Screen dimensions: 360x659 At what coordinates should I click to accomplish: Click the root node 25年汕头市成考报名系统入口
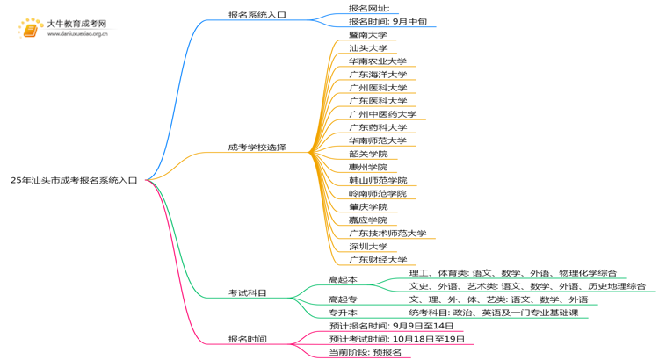(74, 179)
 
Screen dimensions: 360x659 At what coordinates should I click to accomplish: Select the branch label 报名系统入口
(257, 14)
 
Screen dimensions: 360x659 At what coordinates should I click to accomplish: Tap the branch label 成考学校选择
(257, 148)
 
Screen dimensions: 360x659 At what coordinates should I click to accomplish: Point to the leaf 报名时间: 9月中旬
(387, 21)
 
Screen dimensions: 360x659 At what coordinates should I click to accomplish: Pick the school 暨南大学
(367, 35)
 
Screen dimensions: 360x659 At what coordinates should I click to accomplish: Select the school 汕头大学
(367, 48)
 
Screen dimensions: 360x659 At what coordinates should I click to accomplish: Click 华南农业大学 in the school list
(377, 61)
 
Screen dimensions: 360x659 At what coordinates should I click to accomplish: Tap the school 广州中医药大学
(382, 114)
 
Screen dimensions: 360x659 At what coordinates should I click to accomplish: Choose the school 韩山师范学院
(377, 180)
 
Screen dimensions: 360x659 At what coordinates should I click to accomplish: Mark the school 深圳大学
(367, 246)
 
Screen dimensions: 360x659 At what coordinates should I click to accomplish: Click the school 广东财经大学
(377, 259)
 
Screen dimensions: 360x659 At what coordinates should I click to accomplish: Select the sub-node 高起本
(343, 279)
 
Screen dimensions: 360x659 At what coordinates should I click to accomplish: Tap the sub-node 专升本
(343, 312)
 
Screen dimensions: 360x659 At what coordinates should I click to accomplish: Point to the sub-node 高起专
(343, 299)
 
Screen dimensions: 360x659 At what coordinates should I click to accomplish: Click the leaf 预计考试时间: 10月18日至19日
(396, 339)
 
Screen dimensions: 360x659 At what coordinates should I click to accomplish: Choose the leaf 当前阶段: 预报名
(365, 352)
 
